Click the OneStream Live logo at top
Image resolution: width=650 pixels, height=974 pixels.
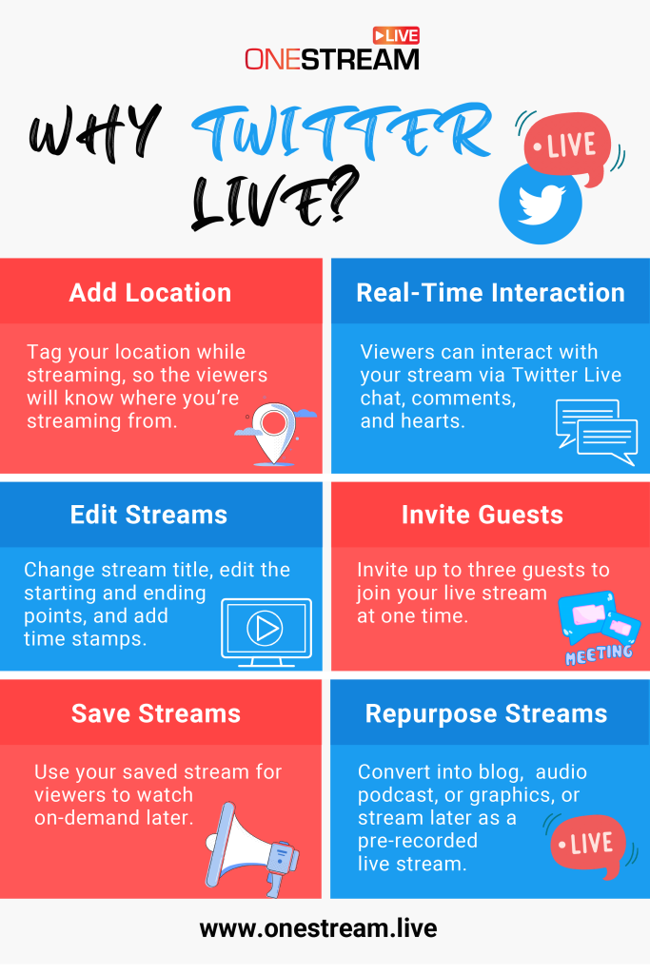click(x=331, y=49)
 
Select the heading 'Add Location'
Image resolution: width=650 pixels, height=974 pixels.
click(x=150, y=292)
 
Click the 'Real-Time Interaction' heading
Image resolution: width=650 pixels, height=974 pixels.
click(x=490, y=292)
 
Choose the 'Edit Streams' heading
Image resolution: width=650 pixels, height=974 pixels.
click(x=148, y=515)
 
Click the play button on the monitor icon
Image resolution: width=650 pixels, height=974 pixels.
click(x=266, y=627)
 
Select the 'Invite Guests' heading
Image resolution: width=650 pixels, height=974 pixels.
click(x=483, y=515)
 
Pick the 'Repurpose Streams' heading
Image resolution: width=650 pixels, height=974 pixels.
click(x=486, y=713)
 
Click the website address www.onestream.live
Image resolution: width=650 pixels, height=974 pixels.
click(x=318, y=928)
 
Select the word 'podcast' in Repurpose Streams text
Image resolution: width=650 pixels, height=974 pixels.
click(x=395, y=794)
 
